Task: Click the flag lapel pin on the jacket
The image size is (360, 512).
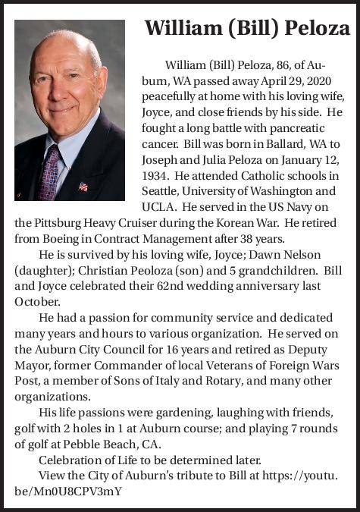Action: (83, 185)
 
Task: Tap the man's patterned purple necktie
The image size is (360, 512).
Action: (50, 174)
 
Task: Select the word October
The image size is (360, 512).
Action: (36, 302)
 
